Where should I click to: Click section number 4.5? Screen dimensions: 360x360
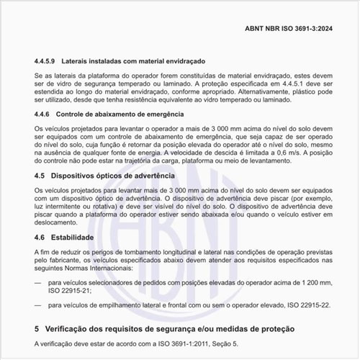[41, 175]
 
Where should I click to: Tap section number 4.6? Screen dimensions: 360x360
[41, 237]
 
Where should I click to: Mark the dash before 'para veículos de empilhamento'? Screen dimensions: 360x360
[38, 305]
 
